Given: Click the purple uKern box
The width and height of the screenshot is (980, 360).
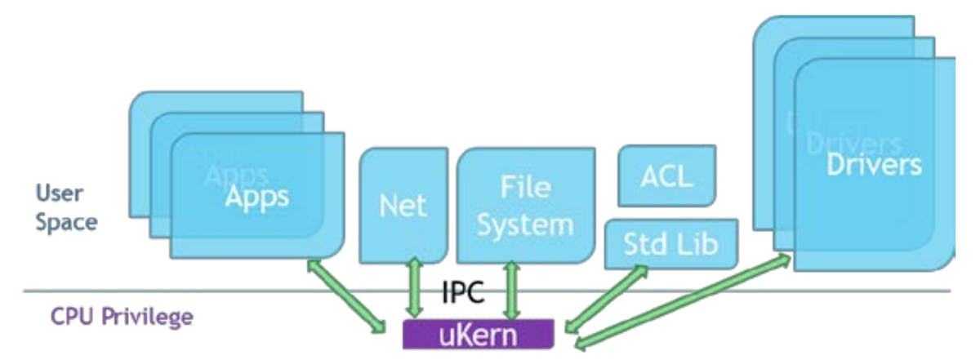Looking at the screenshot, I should click(479, 334).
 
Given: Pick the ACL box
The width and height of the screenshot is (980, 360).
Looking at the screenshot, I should click(666, 176).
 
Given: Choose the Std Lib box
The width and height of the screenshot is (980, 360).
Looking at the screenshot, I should click(670, 242).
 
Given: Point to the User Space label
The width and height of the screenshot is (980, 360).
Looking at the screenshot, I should click(66, 207).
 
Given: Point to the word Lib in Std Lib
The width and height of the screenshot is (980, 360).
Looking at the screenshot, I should click(699, 242).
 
